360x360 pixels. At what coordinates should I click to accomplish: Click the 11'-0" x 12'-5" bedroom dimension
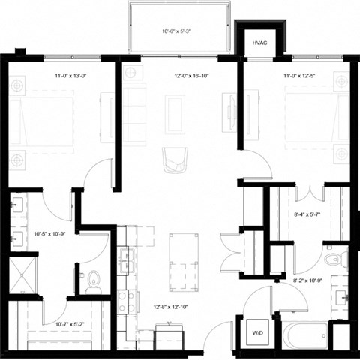pyautogui.click(x=300, y=76)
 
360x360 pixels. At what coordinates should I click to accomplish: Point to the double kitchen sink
pyautogui.click(x=127, y=259)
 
